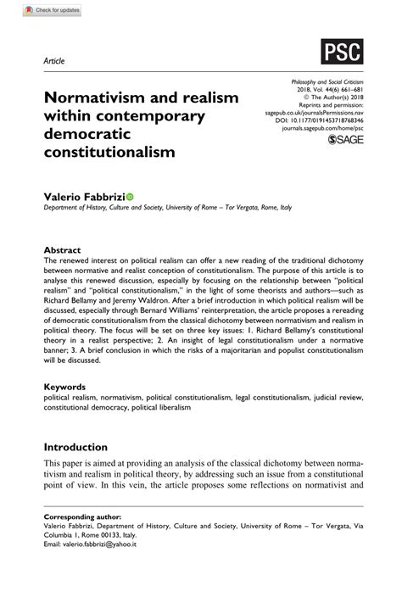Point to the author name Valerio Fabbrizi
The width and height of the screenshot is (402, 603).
pos(84,196)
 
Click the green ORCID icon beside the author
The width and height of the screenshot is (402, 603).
pos(130,197)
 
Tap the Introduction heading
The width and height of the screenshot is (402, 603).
pos(75,447)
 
